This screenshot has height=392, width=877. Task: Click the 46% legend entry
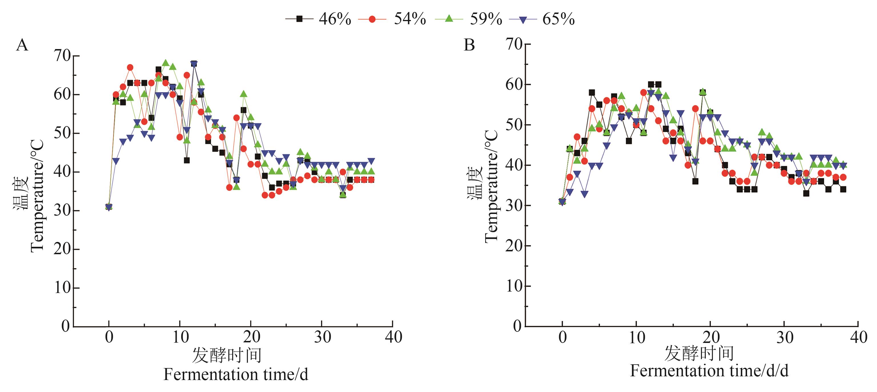(318, 19)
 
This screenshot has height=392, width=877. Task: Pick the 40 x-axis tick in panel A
(393, 337)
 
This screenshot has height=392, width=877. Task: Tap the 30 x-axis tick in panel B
(784, 337)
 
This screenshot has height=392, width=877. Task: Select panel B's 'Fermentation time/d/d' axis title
(709, 371)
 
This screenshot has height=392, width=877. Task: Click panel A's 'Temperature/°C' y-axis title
(37, 195)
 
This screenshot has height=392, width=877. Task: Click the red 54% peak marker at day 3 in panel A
(130, 68)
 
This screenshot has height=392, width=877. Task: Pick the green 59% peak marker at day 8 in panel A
(166, 63)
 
